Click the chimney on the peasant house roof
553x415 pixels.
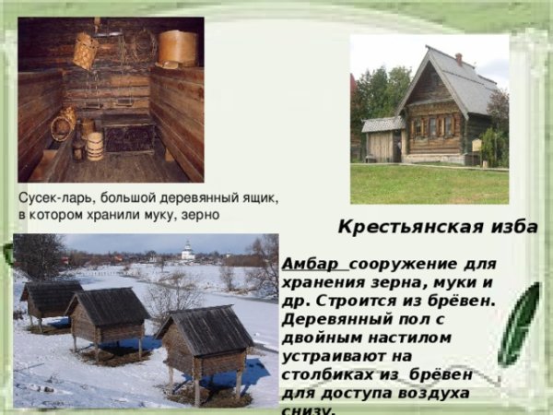pyautogui.click(x=458, y=60)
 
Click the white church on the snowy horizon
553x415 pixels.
pyautogui.click(x=187, y=250)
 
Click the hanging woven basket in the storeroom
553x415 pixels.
pyautogui.click(x=86, y=52)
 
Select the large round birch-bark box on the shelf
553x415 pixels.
pyautogui.click(x=177, y=48)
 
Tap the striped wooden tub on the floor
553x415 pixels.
pyautogui.click(x=94, y=146)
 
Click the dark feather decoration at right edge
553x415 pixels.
pyautogui.click(x=521, y=323)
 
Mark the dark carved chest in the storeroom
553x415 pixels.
pyautogui.click(x=129, y=137)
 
